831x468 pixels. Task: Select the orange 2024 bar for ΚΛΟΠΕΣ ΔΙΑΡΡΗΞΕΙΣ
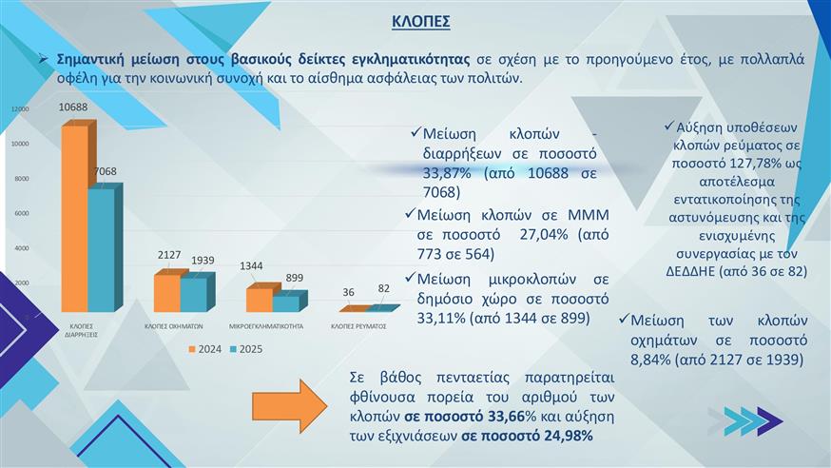(x=75, y=219)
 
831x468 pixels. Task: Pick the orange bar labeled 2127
(x=166, y=293)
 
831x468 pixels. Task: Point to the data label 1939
(x=203, y=261)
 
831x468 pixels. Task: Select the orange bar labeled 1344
(x=258, y=300)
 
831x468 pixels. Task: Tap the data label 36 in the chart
(x=349, y=292)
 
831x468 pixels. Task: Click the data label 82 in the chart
(x=383, y=288)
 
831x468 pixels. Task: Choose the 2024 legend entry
(x=204, y=349)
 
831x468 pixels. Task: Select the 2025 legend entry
(x=248, y=349)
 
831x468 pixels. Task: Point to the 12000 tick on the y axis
(x=20, y=110)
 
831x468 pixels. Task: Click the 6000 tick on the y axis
(x=21, y=214)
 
